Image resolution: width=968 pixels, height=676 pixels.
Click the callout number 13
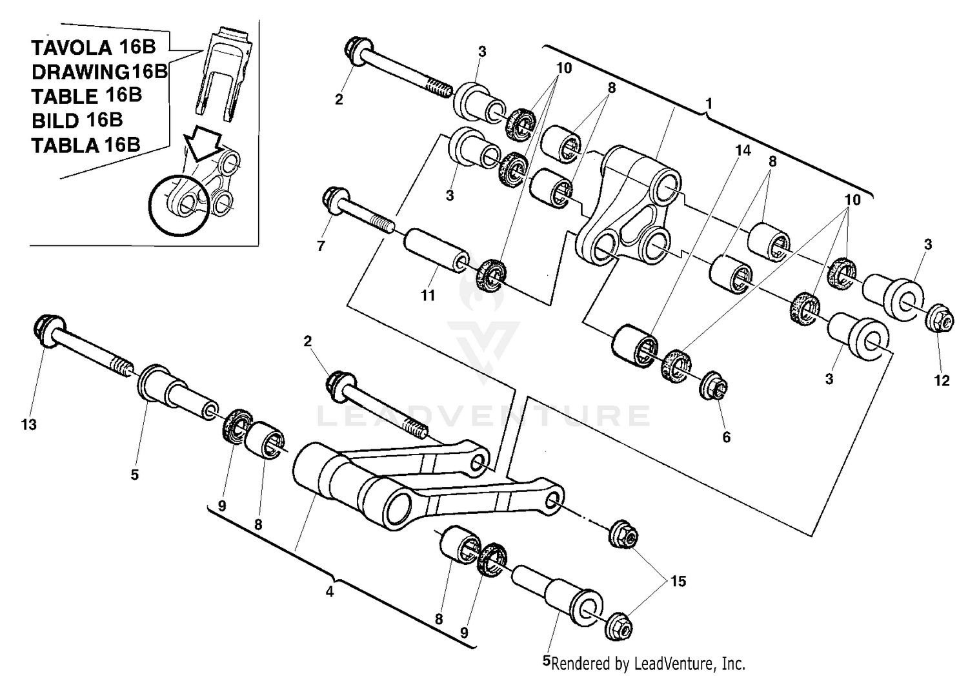coord(28,425)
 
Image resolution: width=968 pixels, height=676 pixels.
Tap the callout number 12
coord(942,380)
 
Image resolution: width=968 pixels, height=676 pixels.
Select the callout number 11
coord(428,296)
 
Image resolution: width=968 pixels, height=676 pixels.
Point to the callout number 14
coord(743,150)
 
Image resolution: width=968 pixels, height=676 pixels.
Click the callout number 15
coord(678,581)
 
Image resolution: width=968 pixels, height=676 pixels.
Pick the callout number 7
coord(321,246)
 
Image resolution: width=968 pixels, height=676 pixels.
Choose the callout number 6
coord(726,437)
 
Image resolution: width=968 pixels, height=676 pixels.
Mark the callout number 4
coord(329,591)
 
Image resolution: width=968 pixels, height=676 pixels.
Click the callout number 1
coord(709,103)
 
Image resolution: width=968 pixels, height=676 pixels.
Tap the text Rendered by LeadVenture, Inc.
coord(648,663)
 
